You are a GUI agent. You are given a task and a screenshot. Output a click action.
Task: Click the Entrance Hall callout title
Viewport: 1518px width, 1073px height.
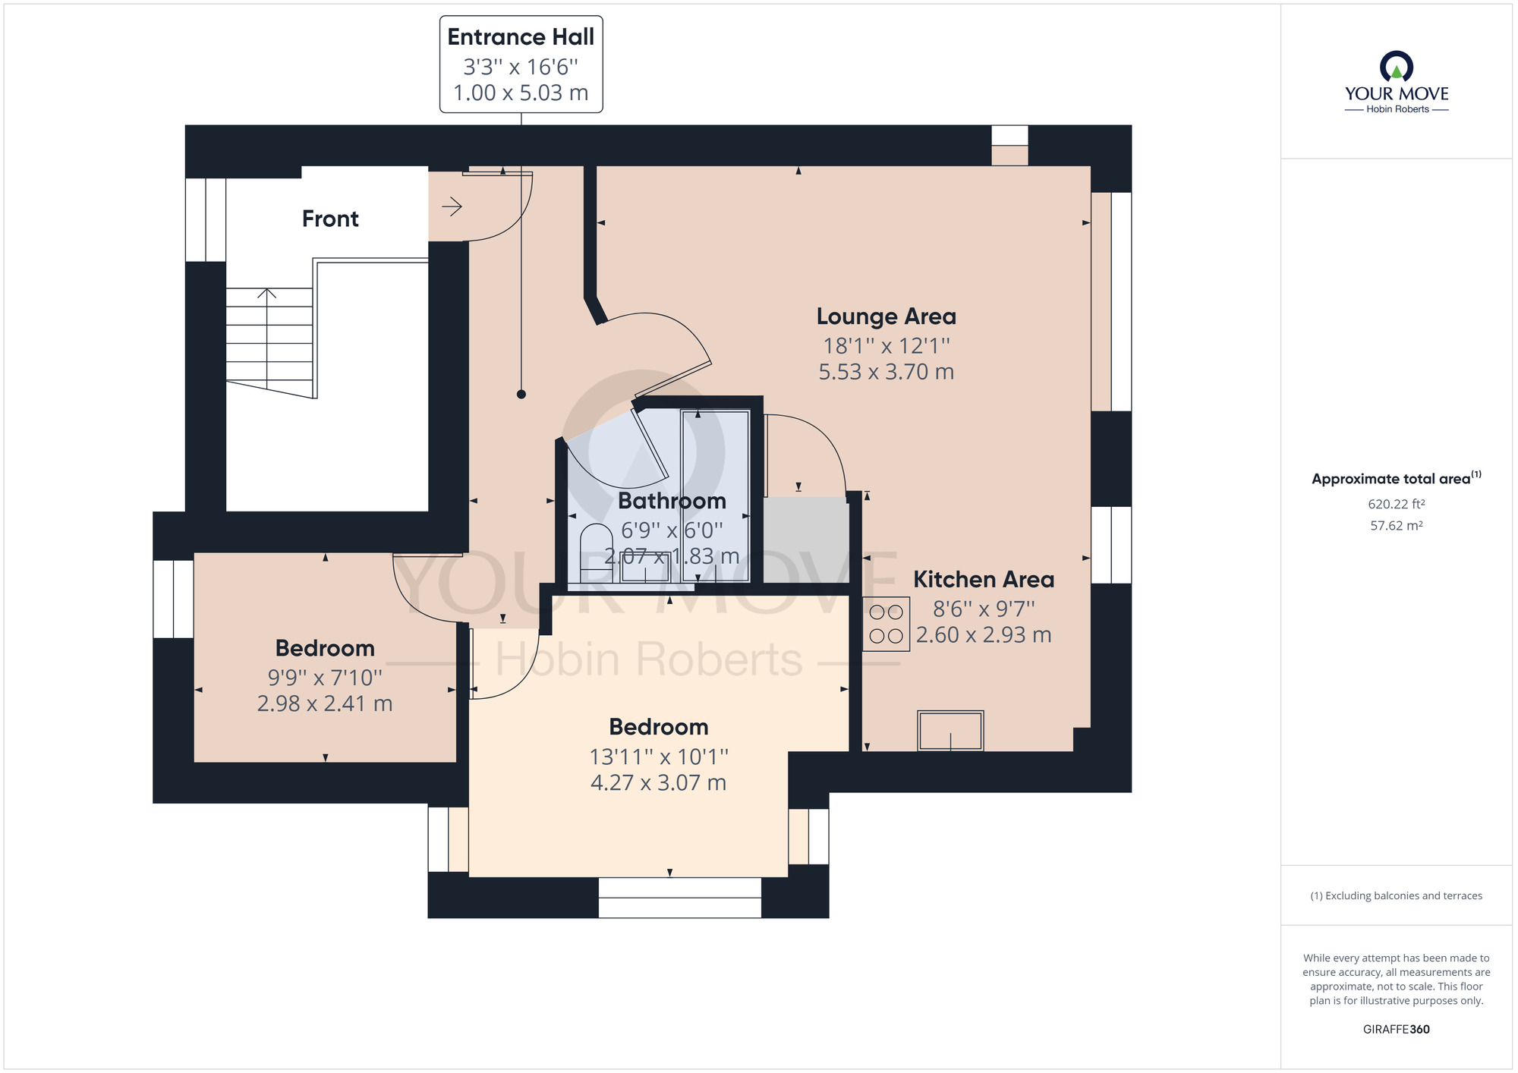click(521, 36)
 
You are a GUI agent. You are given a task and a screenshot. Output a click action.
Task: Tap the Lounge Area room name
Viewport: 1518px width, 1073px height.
click(886, 316)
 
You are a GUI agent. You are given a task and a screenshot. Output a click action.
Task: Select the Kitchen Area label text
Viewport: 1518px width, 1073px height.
click(983, 579)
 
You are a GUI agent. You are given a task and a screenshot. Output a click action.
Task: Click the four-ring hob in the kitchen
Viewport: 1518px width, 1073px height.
click(886, 624)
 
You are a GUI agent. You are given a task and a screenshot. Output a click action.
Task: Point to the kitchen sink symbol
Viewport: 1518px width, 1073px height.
click(950, 730)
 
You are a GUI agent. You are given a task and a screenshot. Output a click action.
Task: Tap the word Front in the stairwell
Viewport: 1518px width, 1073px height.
click(330, 219)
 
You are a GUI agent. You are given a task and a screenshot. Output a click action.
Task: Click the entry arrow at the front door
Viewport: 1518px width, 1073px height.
click(452, 206)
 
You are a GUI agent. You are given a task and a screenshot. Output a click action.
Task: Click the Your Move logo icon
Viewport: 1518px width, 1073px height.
click(1396, 67)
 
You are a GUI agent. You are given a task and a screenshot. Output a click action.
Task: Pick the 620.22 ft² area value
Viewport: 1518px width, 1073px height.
click(1396, 504)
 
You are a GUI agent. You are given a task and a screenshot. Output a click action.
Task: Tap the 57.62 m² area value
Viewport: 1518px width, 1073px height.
click(1396, 525)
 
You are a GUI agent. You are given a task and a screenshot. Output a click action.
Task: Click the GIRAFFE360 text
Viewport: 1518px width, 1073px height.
click(1396, 1029)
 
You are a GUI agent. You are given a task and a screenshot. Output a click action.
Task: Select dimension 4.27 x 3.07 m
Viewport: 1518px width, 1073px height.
click(658, 782)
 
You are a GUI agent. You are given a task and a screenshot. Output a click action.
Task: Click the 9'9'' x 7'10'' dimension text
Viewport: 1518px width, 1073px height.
click(325, 677)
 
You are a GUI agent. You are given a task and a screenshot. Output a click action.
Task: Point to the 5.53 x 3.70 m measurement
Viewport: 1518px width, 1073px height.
click(886, 372)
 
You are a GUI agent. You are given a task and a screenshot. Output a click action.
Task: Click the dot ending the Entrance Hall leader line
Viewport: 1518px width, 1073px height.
click(521, 394)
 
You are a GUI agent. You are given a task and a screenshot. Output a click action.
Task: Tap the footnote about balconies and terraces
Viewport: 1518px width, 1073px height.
click(1396, 895)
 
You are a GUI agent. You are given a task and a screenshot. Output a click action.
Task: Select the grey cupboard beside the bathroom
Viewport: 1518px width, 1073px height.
click(806, 539)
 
